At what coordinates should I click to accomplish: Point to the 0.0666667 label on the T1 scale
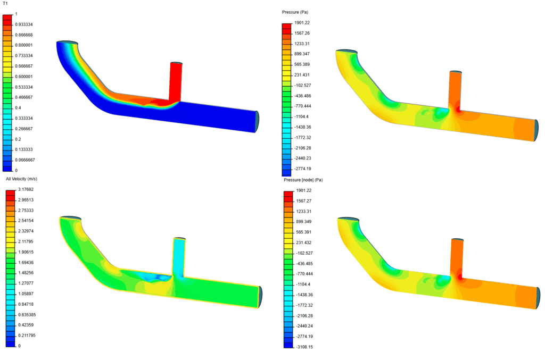click(x=26, y=160)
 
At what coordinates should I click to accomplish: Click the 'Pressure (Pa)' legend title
click(x=295, y=12)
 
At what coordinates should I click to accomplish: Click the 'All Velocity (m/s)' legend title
click(x=21, y=179)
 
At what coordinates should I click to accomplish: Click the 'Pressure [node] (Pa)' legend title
click(x=302, y=180)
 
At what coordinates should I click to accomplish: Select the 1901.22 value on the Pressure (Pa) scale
click(x=302, y=23)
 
